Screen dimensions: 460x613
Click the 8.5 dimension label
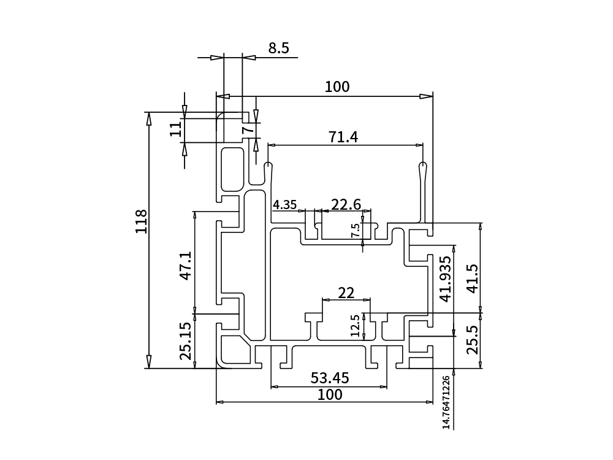click(278, 48)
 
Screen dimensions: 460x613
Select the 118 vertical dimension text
click(142, 221)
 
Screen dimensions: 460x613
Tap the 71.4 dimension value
click(343, 137)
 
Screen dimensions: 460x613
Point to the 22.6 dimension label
click(346, 204)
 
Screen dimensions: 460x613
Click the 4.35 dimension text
click(284, 205)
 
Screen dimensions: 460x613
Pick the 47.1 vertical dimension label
click(186, 265)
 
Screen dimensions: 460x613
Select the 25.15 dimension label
click(186, 340)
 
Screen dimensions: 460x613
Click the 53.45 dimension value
click(330, 378)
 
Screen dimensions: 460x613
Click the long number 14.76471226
click(446, 402)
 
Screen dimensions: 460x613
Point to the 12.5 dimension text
click(354, 326)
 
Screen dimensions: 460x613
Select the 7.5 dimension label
click(356, 231)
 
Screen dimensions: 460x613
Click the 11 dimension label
click(176, 128)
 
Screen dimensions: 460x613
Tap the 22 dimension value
click(346, 293)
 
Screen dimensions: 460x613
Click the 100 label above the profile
click(337, 87)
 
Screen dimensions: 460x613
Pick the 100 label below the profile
click(330, 394)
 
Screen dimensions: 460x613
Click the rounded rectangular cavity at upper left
click(232, 168)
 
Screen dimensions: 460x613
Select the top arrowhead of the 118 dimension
click(148, 118)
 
